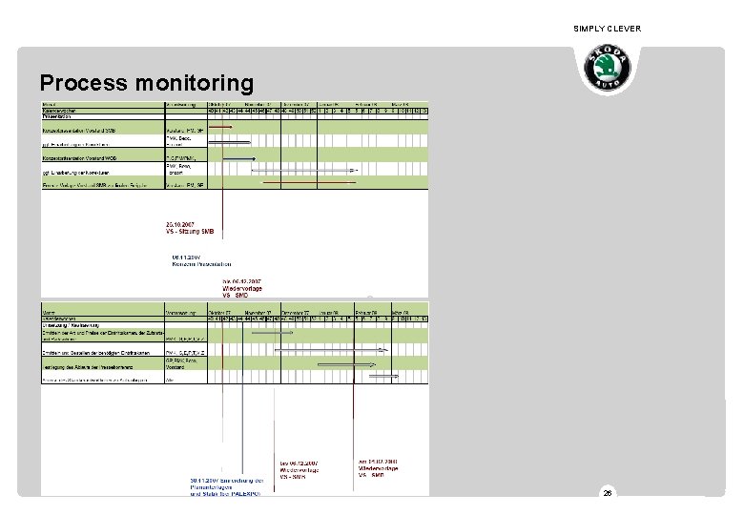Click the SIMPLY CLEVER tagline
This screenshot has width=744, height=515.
607,29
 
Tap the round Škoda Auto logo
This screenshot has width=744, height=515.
607,70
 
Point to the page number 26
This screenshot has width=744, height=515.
607,492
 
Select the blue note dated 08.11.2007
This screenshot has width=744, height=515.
201,259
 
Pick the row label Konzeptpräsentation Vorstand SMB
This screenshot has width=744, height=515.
79,129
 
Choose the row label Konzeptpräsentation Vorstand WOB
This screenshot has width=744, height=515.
78,156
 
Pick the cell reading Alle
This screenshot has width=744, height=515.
170,379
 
